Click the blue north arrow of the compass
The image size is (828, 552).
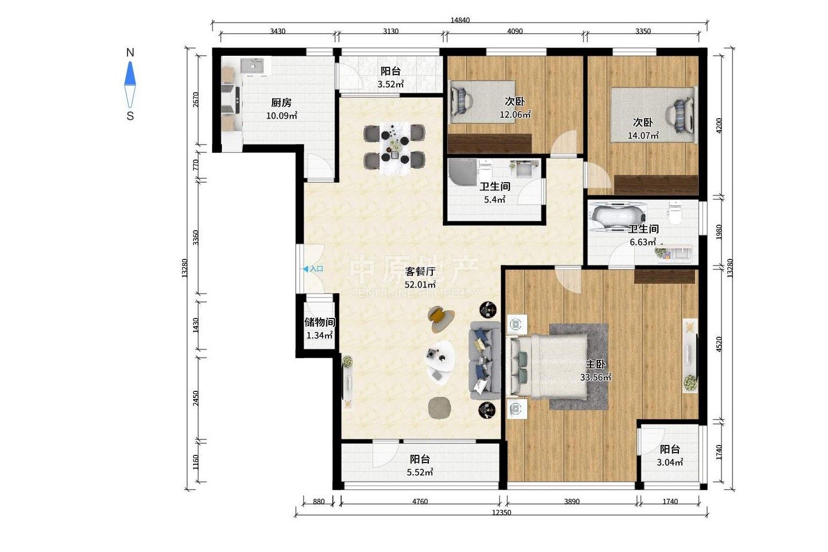coord(130,73)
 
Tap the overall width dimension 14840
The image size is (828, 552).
coord(460,20)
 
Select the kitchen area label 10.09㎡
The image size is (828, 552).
coord(282,116)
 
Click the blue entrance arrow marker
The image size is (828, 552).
coord(306,269)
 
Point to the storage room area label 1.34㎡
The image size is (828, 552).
coord(320,336)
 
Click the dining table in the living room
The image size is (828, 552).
coord(395,148)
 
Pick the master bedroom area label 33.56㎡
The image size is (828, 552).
coord(595,377)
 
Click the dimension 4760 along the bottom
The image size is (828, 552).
coord(420,501)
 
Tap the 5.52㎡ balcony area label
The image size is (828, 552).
coord(420,472)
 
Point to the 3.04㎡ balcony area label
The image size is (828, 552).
coord(670,462)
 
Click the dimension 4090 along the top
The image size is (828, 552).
coord(514,31)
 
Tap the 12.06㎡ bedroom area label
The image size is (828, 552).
coord(515,115)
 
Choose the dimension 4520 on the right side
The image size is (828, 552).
coord(719,344)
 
